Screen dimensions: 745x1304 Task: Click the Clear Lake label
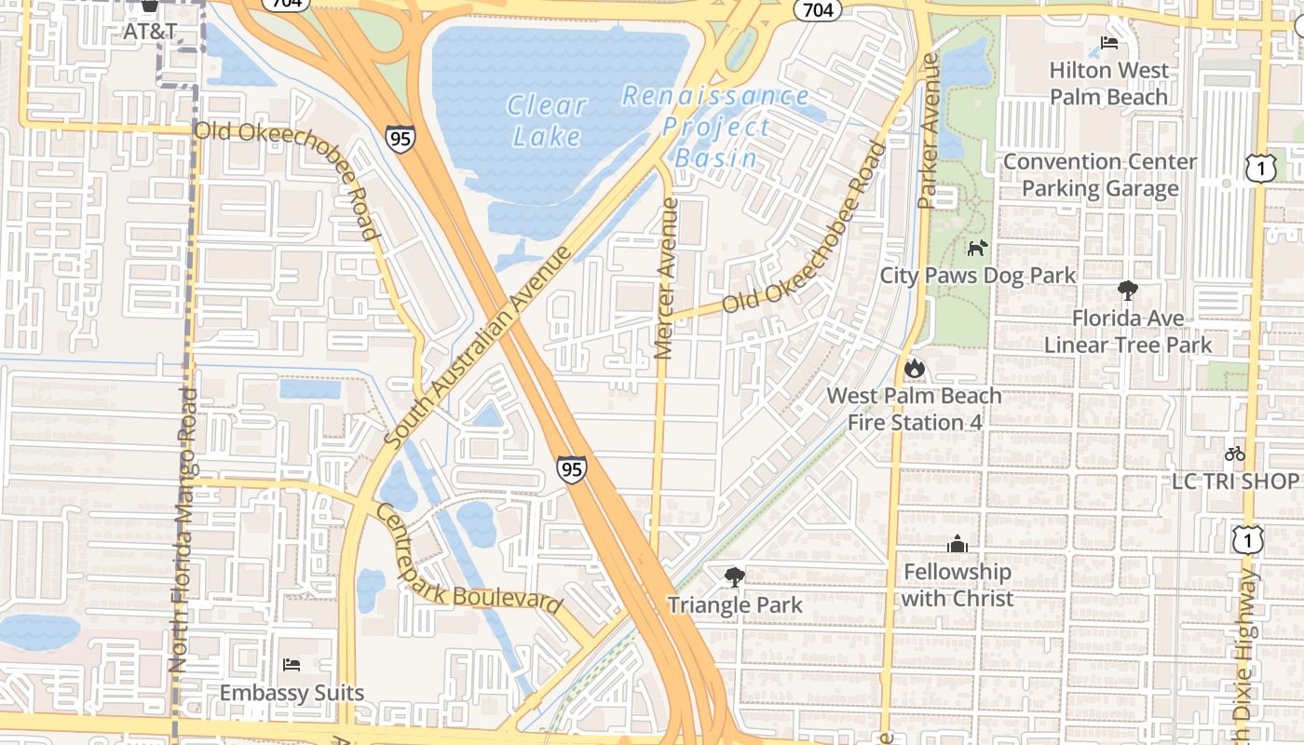pos(548,121)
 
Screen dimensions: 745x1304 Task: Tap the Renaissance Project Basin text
pos(715,127)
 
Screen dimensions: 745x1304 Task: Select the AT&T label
pos(150,31)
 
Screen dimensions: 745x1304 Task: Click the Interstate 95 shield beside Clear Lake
pos(400,138)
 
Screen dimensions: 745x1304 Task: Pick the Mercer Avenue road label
pos(665,278)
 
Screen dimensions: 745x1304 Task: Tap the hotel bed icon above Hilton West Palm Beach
pos(1108,42)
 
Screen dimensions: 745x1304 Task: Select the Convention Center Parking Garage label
pos(1100,175)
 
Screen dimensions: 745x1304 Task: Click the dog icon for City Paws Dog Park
pos(977,248)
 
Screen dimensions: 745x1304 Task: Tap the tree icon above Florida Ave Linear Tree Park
pos(1127,291)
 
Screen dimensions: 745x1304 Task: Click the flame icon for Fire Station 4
pos(914,368)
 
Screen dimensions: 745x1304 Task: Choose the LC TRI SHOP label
pos(1235,481)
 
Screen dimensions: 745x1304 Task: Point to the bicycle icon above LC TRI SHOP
pos(1235,454)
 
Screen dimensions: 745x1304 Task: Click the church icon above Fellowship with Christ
pos(957,544)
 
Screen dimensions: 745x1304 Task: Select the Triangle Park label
pos(734,605)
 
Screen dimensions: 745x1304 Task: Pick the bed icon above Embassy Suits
pos(292,665)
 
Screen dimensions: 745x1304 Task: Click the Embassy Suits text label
pos(292,693)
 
